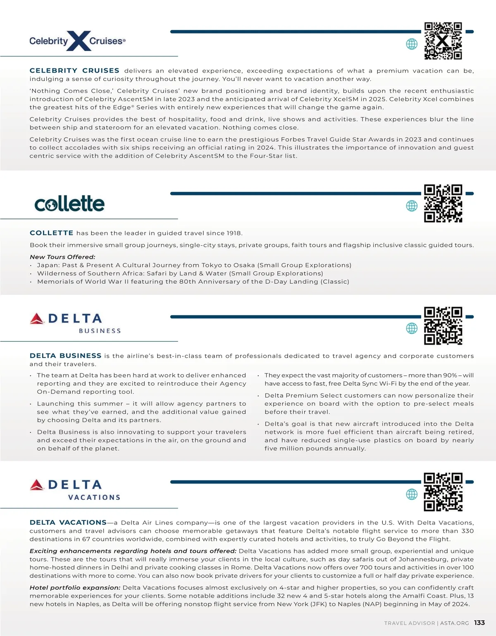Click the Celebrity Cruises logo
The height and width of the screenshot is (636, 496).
coord(77,41)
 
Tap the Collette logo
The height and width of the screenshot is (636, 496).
coord(69,204)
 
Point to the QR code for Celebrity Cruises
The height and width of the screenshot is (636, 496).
coord(443,41)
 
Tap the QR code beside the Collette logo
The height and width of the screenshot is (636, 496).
coord(443,203)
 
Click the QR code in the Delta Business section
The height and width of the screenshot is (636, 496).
coord(443,326)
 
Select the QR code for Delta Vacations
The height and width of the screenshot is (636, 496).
coord(443,492)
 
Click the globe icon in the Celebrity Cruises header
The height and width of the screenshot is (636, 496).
coord(412,44)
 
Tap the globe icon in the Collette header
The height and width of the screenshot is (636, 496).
coord(412,206)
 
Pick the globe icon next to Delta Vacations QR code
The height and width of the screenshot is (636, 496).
coord(412,494)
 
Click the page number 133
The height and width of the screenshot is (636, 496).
coord(479,623)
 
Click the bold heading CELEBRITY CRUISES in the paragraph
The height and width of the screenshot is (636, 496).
coord(74,71)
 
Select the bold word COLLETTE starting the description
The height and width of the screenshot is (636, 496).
coord(52,233)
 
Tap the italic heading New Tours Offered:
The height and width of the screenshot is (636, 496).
coord(62,257)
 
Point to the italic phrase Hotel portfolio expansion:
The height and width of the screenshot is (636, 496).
coord(75,588)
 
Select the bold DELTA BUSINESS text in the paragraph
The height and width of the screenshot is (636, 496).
coord(65,356)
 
